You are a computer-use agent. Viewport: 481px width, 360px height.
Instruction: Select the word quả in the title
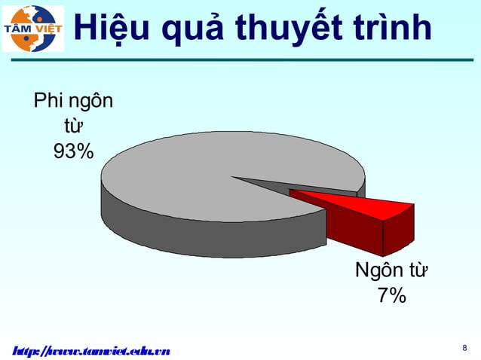[x=197, y=30]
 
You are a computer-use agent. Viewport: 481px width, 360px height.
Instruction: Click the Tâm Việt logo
[x=33, y=29]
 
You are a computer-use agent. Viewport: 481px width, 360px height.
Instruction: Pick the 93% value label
[x=73, y=151]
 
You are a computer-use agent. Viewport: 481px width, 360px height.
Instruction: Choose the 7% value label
[x=392, y=296]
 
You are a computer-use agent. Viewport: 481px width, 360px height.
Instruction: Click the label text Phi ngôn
[x=73, y=99]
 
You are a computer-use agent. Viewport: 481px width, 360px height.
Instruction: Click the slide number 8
[x=464, y=348]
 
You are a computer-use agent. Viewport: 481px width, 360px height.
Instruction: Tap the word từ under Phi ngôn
[x=73, y=125]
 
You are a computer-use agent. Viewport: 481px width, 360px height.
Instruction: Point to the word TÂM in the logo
[x=20, y=29]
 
